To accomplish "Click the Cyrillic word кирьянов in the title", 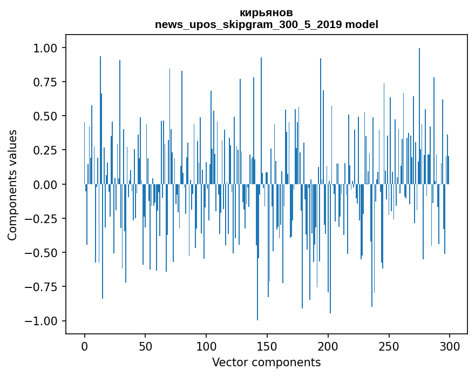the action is (266, 13).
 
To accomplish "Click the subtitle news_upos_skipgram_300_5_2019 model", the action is (266, 24).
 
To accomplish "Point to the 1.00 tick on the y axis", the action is (45, 48).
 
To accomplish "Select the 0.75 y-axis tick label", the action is (45, 82).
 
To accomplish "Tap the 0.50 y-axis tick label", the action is (45, 116).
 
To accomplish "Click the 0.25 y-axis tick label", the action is (45, 150).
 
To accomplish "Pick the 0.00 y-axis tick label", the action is (45, 184).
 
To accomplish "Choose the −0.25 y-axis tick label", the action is (41, 219).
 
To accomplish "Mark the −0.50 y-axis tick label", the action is (41, 253).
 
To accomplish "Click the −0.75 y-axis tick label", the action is (41, 287).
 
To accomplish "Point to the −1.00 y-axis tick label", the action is (41, 321).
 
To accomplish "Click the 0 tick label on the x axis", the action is (85, 346).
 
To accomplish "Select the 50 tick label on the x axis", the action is (145, 346).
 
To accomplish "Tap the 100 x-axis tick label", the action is (206, 346).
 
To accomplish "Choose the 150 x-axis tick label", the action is (267, 346).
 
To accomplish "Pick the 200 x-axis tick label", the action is (328, 346).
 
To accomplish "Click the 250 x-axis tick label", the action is (389, 346).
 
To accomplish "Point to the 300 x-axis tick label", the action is (450, 346).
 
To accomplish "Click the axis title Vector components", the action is (266, 362).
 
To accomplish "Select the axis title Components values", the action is (12, 185).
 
